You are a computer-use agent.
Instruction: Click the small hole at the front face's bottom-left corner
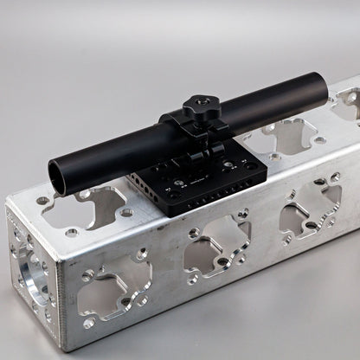tap(88, 323)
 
